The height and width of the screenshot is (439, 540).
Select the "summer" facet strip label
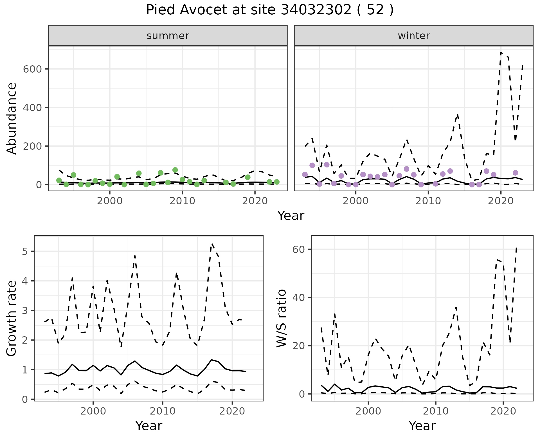pyautogui.click(x=168, y=36)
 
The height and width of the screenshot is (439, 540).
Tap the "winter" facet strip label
pyautogui.click(x=414, y=36)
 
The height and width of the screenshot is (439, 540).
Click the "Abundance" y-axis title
pyautogui.click(x=12, y=118)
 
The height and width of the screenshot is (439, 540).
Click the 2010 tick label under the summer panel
pyautogui.click(x=182, y=201)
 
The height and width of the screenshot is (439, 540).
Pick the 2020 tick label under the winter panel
pyautogui.click(x=501, y=201)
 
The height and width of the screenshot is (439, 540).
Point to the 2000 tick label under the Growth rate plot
pyautogui.click(x=93, y=411)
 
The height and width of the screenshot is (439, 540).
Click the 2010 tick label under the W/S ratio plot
pyautogui.click(x=436, y=411)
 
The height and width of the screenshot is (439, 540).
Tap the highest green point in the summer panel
pyautogui.click(x=175, y=170)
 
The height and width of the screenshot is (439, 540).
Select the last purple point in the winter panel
pyautogui.click(x=515, y=173)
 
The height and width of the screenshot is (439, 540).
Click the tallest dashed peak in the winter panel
pyautogui.click(x=501, y=53)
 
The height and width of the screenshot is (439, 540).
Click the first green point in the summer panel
pyautogui.click(x=59, y=180)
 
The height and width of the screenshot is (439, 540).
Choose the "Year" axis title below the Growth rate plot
pyautogui.click(x=149, y=426)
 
